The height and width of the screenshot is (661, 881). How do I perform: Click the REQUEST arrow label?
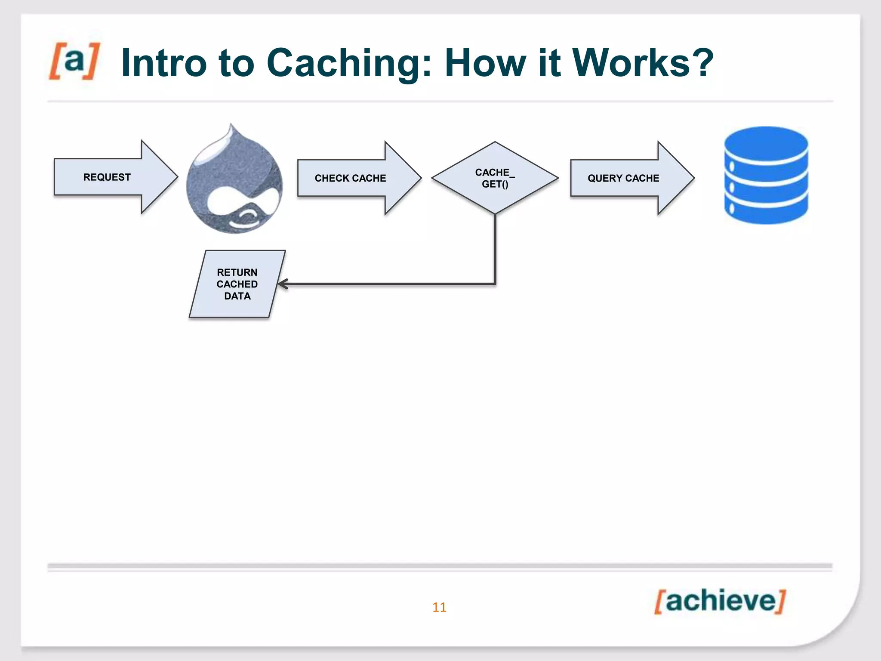(107, 177)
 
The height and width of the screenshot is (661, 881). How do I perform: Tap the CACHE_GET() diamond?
(495, 178)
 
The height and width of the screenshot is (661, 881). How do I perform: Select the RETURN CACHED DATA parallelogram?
(237, 284)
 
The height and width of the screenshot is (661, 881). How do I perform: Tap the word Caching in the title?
(348, 63)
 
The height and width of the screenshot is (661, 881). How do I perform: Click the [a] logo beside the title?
(74, 61)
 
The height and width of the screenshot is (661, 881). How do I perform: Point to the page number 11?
(439, 607)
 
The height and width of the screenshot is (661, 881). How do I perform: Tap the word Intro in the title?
(164, 63)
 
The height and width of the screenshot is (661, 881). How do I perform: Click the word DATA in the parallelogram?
(237, 296)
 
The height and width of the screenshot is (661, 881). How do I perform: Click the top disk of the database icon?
(766, 144)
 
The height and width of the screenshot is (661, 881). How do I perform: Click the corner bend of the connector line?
(495, 284)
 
